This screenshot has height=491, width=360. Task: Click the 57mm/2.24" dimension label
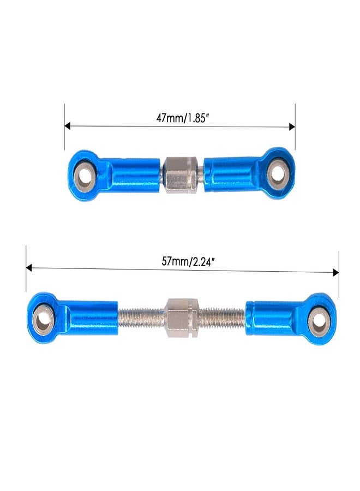[188, 261]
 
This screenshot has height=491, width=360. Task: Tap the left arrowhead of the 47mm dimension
[67, 126]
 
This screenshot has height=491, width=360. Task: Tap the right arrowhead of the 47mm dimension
[292, 127]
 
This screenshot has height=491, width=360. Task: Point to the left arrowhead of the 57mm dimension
[29, 268]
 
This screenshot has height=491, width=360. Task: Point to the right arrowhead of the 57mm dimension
[336, 272]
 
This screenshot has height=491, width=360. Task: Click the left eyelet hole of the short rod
[84, 176]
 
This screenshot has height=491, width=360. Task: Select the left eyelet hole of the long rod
[42, 319]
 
